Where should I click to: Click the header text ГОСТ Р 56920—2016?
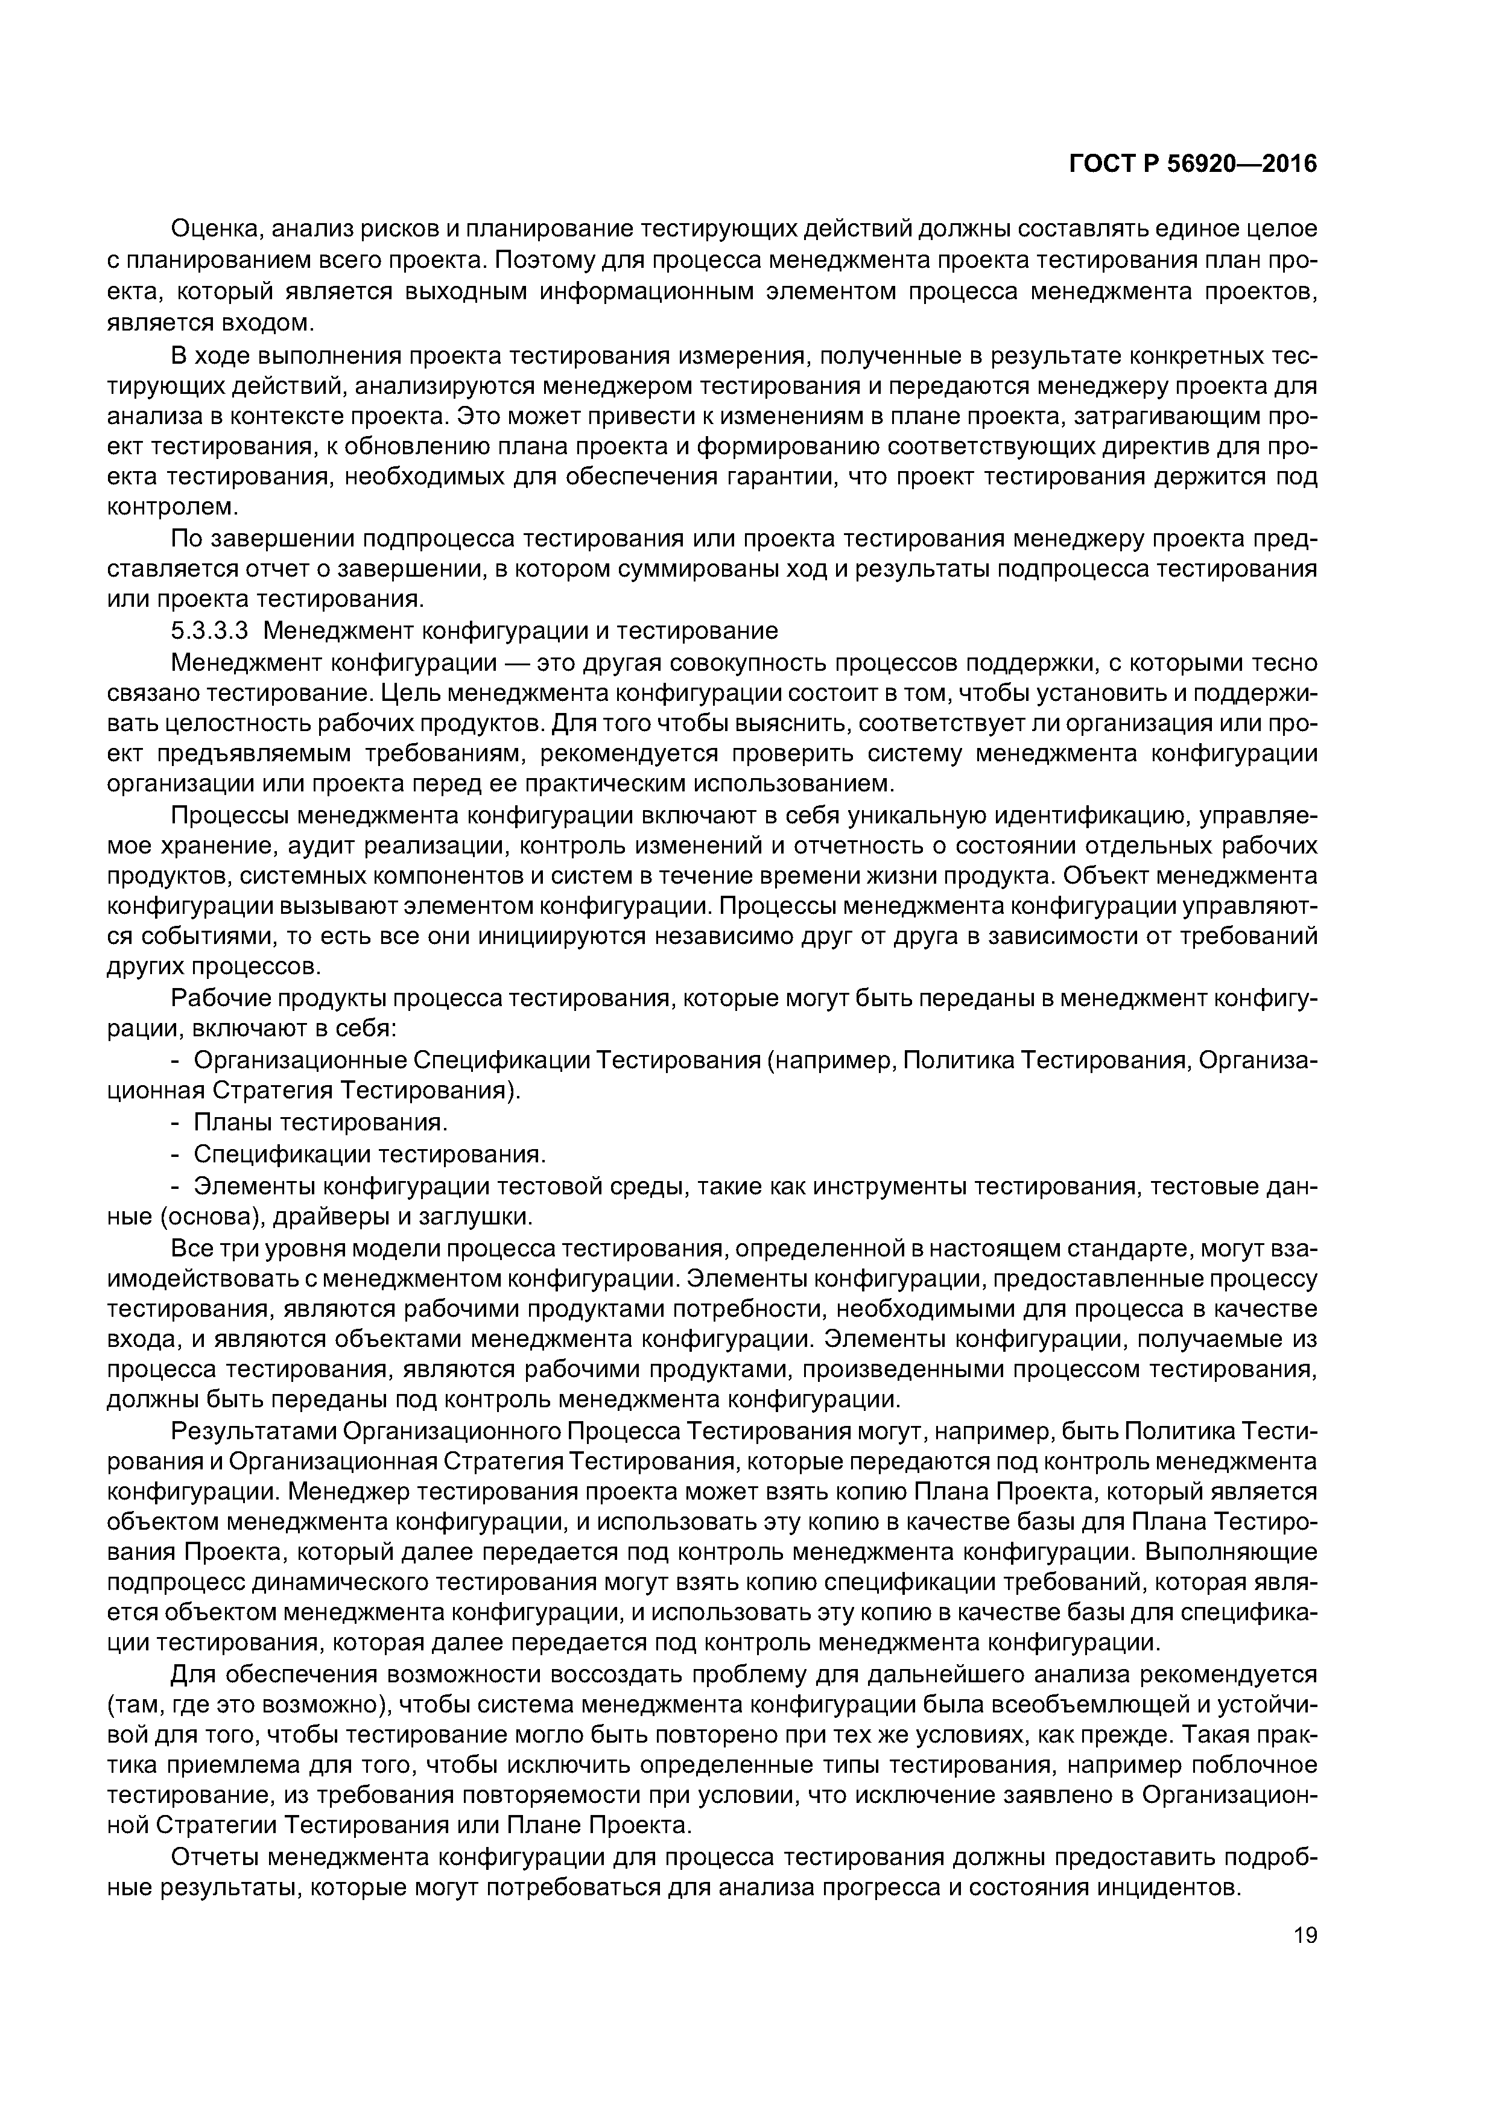coord(1192,164)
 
